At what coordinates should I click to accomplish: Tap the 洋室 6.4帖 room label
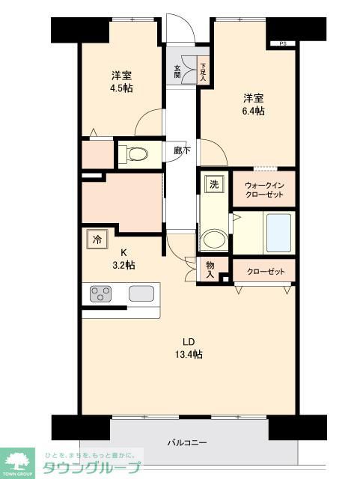(253, 104)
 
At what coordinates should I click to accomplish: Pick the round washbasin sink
(215, 239)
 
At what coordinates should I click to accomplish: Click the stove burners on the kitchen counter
(101, 293)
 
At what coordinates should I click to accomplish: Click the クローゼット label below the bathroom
(265, 271)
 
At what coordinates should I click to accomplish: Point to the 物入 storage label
(210, 270)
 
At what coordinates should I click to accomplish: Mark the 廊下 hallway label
(181, 150)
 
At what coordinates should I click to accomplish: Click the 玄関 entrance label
(178, 71)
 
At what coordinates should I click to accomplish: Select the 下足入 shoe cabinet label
(203, 71)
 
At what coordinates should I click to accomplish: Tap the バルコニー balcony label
(186, 442)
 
